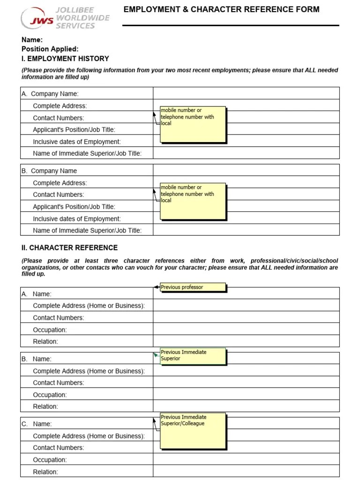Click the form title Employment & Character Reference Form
tap(221, 9)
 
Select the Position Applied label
tap(50, 49)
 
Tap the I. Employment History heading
tap(65, 59)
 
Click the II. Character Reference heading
tap(69, 247)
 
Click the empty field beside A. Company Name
tap(246, 93)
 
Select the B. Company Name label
tap(49, 171)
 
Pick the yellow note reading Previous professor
tap(193, 287)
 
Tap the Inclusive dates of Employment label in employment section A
tap(77, 142)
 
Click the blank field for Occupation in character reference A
tap(246, 330)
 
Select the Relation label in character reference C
tap(45, 472)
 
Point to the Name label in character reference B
tap(42, 359)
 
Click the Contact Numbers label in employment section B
tap(59, 195)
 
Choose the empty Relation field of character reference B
tap(246, 406)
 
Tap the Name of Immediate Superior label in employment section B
tap(87, 230)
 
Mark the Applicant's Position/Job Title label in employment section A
tap(74, 129)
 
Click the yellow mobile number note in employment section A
tap(193, 124)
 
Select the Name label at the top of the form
tap(32, 40)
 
